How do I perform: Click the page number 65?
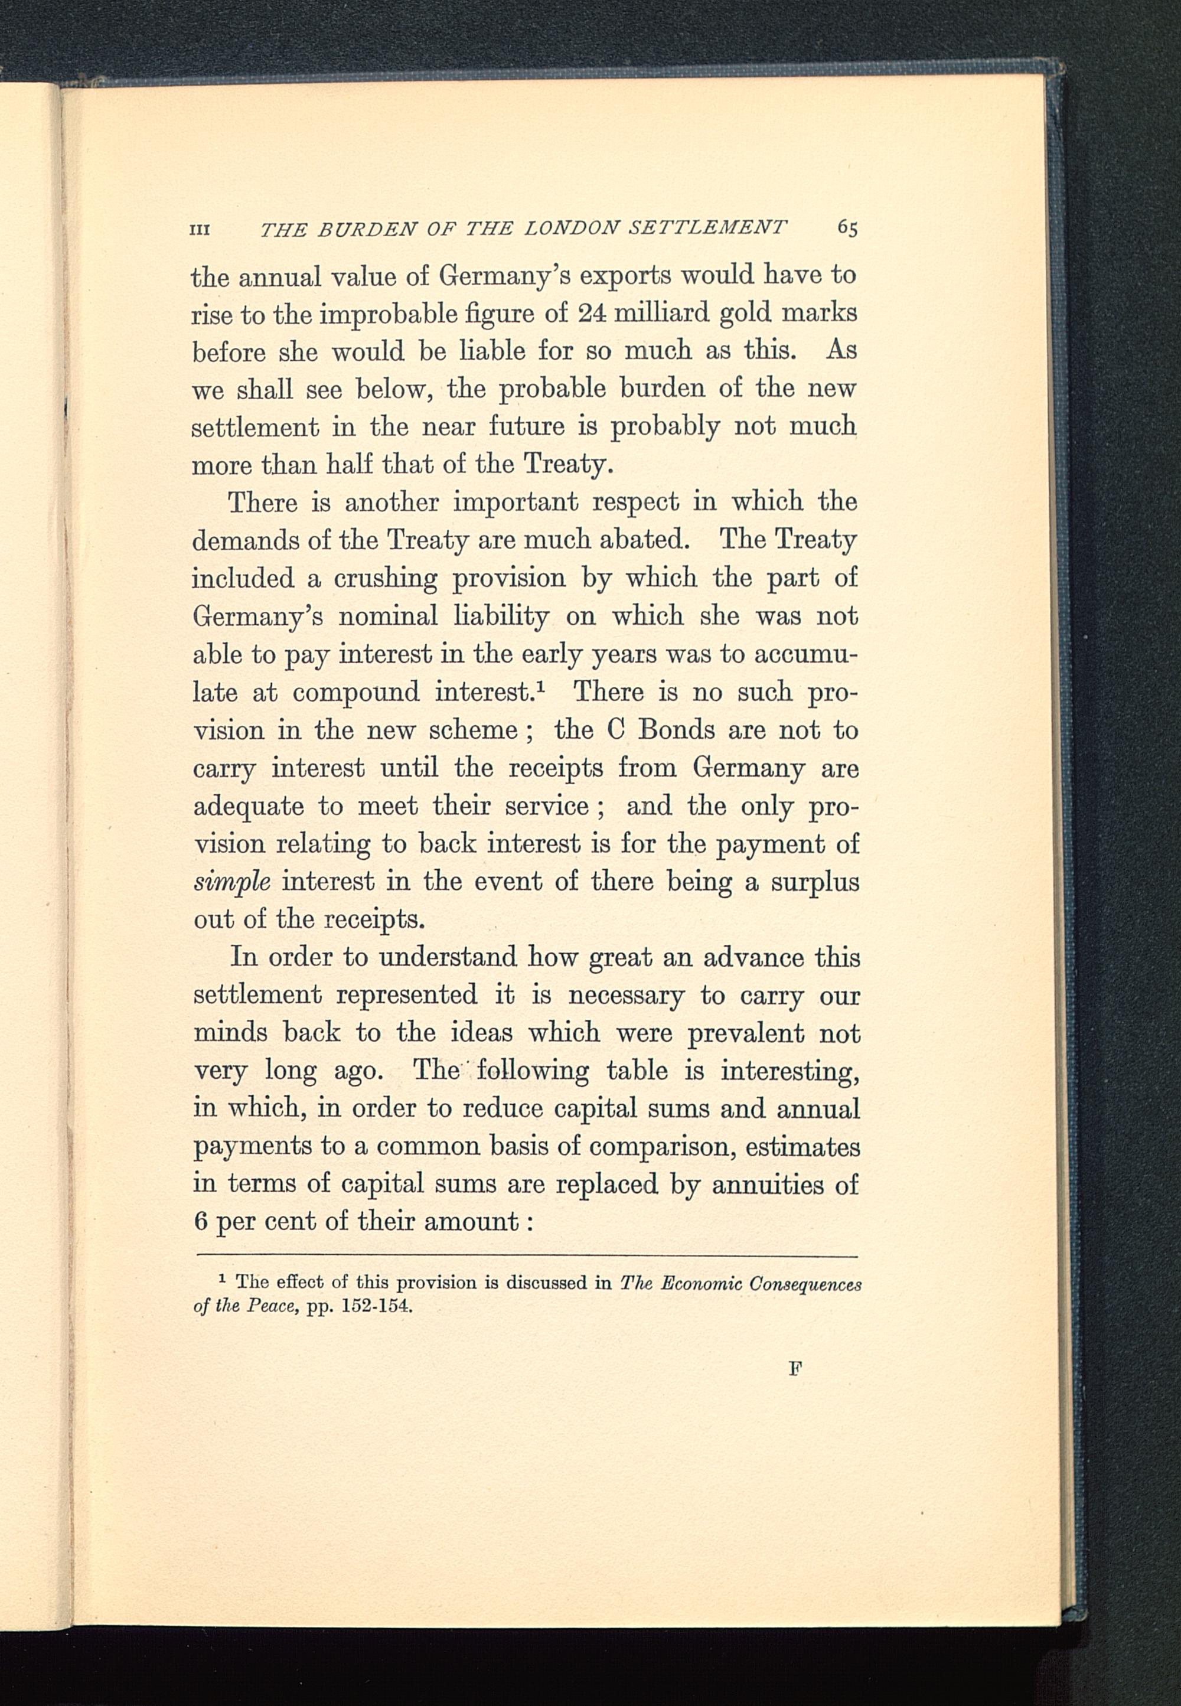coord(847,227)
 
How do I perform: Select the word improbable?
coord(382,314)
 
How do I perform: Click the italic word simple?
coord(231,882)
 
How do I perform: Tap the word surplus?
coord(814,882)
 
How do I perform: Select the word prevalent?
coord(745,1032)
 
